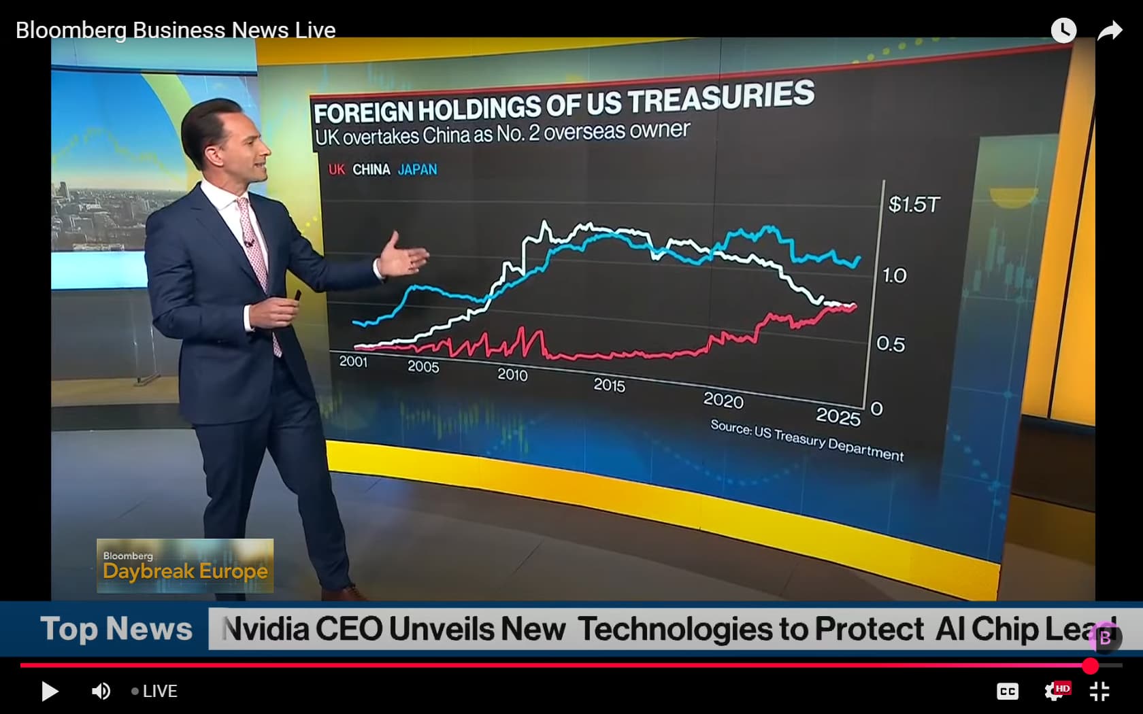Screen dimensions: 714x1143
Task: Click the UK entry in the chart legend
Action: (x=336, y=169)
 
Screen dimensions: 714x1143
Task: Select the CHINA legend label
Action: (x=371, y=169)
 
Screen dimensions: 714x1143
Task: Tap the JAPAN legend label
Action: (x=417, y=169)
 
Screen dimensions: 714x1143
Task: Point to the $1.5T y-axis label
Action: (x=914, y=204)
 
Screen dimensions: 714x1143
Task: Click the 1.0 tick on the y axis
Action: (x=895, y=275)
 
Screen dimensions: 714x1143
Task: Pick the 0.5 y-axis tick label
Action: (x=891, y=344)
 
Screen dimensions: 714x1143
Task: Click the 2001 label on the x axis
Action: (x=353, y=362)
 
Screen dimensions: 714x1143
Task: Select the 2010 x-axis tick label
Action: (x=512, y=375)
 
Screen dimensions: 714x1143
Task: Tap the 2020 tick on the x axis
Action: (x=723, y=400)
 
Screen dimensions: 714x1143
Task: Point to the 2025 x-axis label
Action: (x=838, y=416)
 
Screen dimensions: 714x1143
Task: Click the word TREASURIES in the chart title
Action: (x=720, y=97)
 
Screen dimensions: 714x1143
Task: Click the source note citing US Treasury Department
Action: (x=807, y=440)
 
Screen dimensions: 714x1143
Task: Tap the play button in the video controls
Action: (x=50, y=692)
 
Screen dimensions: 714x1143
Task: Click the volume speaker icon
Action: (x=101, y=692)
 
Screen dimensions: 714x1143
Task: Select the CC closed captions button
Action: (x=1007, y=692)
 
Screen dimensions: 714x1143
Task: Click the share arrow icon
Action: (x=1109, y=31)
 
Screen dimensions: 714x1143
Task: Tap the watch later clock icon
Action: (x=1063, y=31)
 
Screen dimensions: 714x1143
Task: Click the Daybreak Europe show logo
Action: (x=185, y=566)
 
